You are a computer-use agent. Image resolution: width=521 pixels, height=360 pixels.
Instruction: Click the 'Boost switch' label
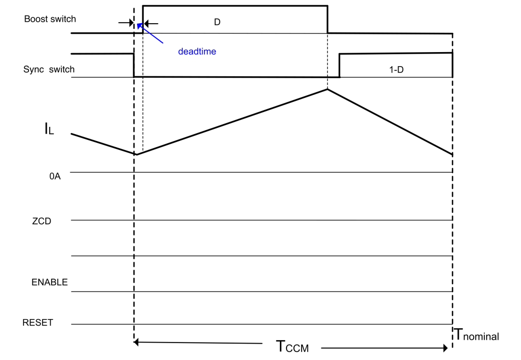click(50, 19)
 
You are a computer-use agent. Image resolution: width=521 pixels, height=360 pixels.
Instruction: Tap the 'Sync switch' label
click(49, 69)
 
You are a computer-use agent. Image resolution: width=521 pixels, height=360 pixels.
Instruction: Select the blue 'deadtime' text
click(197, 52)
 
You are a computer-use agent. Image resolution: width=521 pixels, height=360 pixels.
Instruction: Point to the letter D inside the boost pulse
click(217, 22)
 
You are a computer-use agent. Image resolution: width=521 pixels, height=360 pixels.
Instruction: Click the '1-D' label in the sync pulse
click(397, 69)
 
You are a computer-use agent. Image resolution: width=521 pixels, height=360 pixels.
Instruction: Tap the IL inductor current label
click(49, 129)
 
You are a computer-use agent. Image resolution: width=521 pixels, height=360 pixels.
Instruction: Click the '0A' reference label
click(55, 176)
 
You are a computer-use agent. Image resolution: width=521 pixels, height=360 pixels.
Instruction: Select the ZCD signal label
click(41, 221)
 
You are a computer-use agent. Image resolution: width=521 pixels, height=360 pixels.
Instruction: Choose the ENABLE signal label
click(50, 282)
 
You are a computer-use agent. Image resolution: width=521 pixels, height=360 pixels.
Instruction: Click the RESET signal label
click(38, 323)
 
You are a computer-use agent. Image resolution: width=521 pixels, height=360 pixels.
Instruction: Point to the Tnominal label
click(477, 334)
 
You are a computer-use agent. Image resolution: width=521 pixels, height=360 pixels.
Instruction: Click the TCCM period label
click(292, 346)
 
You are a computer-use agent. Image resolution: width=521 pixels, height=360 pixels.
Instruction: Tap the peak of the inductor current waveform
click(327, 89)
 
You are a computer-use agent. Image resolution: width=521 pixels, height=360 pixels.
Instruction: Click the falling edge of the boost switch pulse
click(328, 19)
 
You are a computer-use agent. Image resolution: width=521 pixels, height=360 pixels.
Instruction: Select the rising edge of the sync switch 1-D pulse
click(339, 66)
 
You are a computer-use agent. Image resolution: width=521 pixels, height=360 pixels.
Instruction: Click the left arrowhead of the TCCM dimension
click(136, 342)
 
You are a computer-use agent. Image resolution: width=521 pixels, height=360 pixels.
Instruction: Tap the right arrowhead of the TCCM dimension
click(445, 348)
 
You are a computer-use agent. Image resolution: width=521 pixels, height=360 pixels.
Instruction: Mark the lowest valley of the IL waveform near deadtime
click(137, 154)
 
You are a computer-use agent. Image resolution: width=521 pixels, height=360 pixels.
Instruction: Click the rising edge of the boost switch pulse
click(143, 19)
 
